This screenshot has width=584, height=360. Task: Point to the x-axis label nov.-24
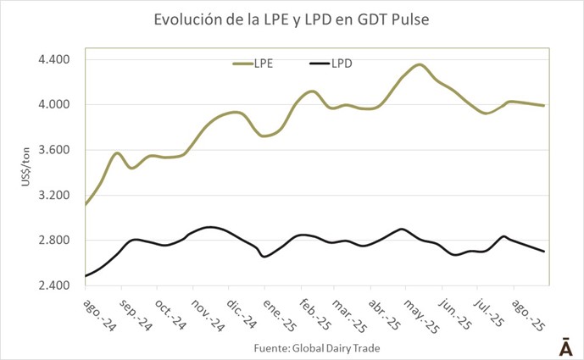click(208, 314)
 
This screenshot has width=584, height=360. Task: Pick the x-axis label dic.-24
click(244, 313)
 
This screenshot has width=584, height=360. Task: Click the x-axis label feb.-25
click(314, 314)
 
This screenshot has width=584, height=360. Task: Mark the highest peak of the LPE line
click(420, 64)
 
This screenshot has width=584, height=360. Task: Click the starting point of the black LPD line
click(86, 276)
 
